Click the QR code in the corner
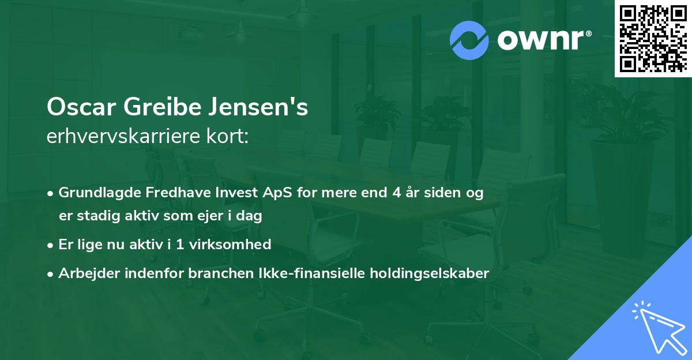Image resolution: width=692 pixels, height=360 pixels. point(653,38)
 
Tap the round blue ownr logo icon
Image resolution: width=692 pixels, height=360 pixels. point(469,41)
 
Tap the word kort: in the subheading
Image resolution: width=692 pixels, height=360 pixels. point(230,136)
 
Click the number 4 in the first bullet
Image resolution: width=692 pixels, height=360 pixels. point(396,193)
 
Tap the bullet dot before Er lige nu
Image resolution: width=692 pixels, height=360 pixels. point(51,245)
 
